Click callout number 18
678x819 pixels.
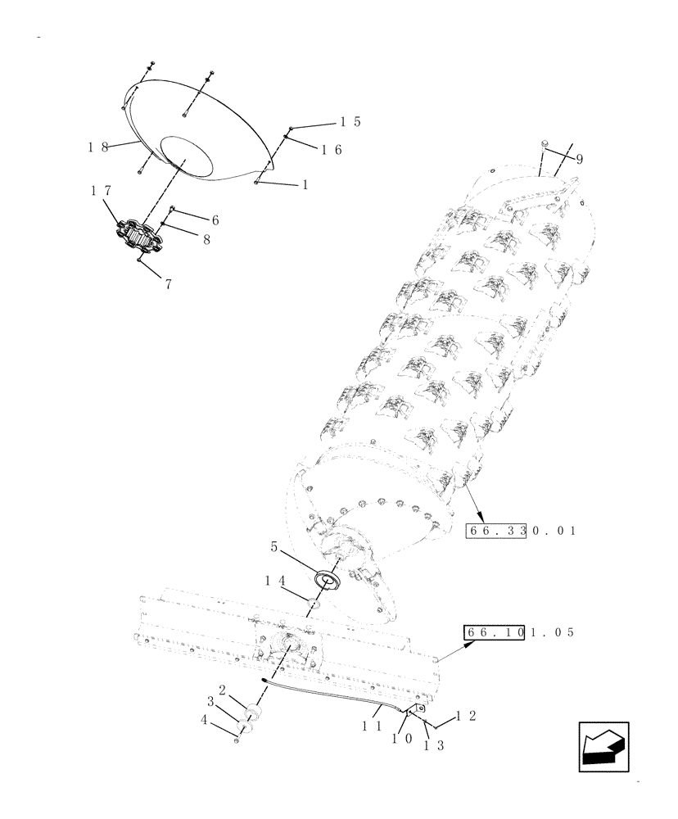[x=99, y=147]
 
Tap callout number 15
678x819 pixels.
[x=351, y=122]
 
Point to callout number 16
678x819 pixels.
[x=331, y=150]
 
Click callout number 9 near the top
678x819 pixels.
[x=579, y=158]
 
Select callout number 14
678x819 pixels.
[x=273, y=580]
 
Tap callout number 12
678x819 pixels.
[x=465, y=715]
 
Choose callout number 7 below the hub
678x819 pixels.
[x=169, y=285]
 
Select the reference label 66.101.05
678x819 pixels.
[x=520, y=633]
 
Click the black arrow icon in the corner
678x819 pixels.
[x=603, y=747]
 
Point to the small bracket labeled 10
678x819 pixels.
[x=416, y=710]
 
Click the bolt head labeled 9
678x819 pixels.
[x=544, y=145]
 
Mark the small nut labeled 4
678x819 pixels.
[x=237, y=741]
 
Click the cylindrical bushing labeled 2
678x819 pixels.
[x=253, y=712]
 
